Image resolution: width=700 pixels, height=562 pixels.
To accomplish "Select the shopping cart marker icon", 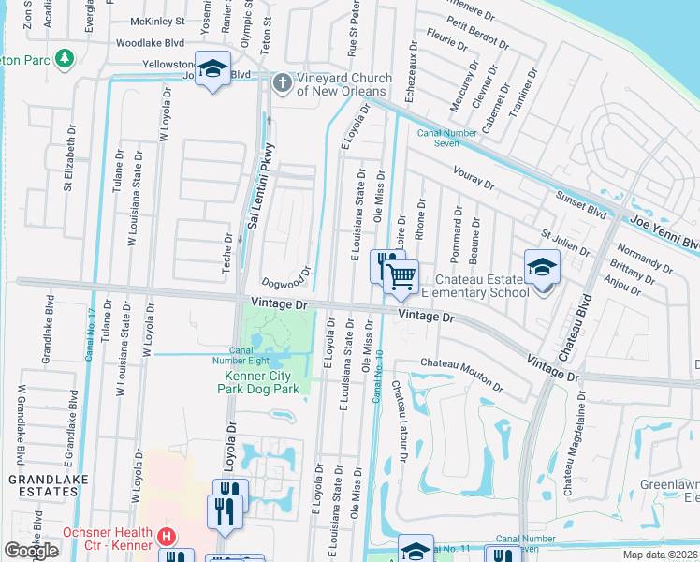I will [401, 275].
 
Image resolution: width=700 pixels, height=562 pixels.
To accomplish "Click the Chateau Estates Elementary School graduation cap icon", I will [542, 267].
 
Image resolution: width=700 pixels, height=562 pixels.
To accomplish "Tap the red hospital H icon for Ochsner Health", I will [167, 538].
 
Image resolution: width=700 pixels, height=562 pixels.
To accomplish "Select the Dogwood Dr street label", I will [286, 276].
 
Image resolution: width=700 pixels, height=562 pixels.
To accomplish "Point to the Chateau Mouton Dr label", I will [456, 369].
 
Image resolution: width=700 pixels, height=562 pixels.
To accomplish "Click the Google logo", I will [31, 551].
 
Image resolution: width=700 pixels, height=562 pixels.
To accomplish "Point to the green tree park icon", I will [65, 61].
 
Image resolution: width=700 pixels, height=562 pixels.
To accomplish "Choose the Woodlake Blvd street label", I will [150, 43].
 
